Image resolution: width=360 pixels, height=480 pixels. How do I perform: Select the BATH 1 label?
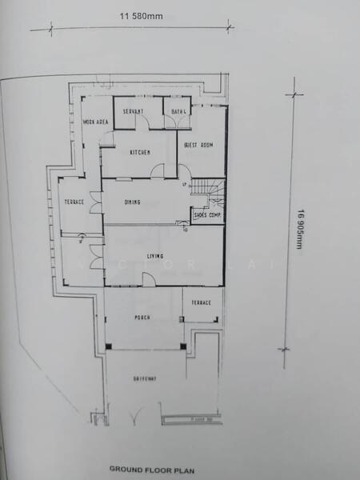pyautogui.click(x=178, y=111)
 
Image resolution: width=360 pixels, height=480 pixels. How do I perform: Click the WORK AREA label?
pyautogui.click(x=95, y=122)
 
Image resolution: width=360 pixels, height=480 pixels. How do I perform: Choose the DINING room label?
pyautogui.click(x=133, y=202)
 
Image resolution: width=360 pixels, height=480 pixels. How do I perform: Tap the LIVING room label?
pyautogui.click(x=155, y=256)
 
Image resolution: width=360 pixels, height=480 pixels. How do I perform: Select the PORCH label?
pyautogui.click(x=142, y=318)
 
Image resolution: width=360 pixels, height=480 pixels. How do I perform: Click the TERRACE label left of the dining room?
pyautogui.click(x=74, y=202)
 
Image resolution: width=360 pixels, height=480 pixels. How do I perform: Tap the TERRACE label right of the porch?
pyautogui.click(x=201, y=302)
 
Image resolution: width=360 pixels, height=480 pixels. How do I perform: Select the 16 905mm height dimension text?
pyautogui.click(x=300, y=228)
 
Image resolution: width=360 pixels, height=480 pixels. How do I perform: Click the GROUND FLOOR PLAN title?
pyautogui.click(x=151, y=470)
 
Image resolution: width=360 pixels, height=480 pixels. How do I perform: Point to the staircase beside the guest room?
pyautogui.click(x=211, y=192)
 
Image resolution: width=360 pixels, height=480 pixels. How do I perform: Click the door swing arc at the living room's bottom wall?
pyautogui.click(x=149, y=278)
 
